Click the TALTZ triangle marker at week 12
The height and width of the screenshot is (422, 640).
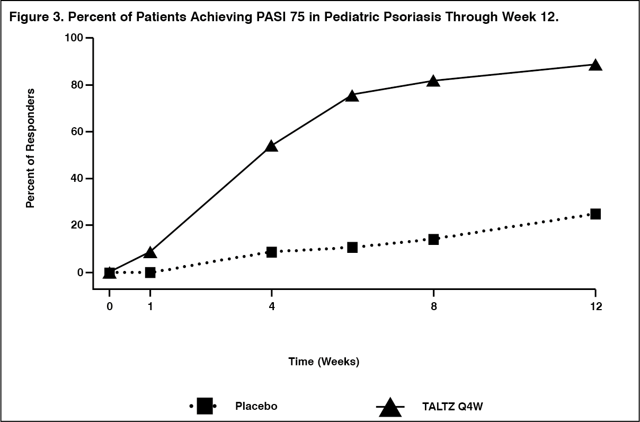[x=595, y=65]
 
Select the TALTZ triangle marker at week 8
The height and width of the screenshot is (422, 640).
[x=433, y=81]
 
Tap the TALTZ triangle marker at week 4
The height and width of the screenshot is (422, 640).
[x=271, y=146]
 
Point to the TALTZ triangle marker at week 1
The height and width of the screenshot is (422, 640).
[x=150, y=252]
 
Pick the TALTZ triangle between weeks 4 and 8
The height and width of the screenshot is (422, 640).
[x=352, y=96]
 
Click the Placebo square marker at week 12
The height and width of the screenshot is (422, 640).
[x=595, y=214]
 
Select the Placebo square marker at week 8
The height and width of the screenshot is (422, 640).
[x=433, y=239]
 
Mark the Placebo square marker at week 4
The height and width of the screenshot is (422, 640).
[x=271, y=252]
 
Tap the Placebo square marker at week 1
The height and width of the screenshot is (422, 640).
[x=150, y=272]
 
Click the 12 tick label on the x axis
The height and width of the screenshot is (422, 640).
[x=595, y=307]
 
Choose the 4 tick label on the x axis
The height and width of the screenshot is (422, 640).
[x=271, y=307]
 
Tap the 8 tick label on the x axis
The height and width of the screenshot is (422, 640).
[x=433, y=307]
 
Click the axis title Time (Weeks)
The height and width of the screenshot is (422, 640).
[x=324, y=362]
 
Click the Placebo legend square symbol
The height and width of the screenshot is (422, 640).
[x=205, y=407]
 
